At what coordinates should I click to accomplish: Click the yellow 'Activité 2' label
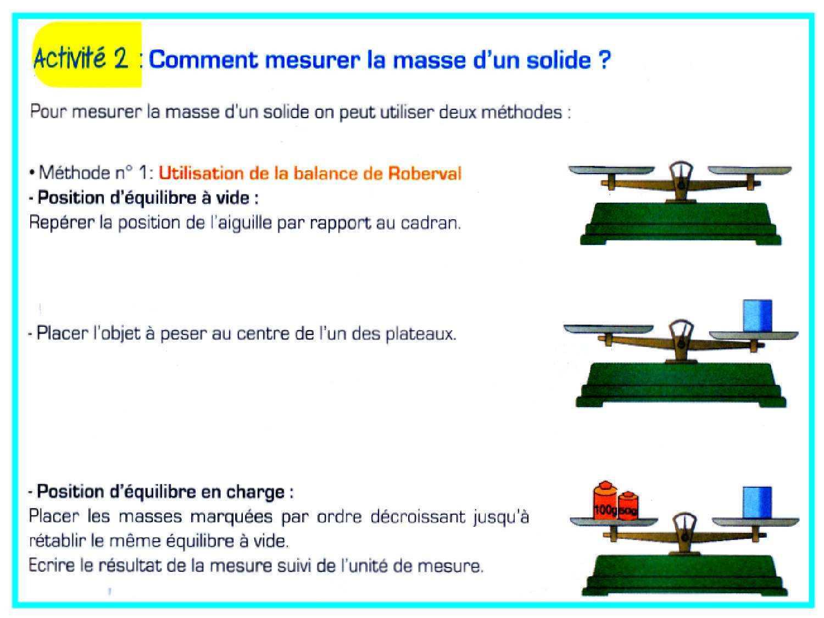(87, 55)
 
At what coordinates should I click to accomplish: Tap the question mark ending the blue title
(604, 59)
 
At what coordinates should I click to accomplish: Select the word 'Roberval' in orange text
(425, 174)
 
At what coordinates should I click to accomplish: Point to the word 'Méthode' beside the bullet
(74, 173)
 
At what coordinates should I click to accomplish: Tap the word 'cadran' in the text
(430, 223)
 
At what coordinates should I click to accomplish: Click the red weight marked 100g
(605, 502)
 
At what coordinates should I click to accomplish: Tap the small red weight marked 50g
(628, 506)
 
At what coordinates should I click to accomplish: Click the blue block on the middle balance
(758, 315)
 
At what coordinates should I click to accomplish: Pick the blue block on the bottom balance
(758, 503)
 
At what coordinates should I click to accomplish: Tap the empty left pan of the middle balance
(608, 329)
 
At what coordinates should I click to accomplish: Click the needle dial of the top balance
(681, 174)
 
